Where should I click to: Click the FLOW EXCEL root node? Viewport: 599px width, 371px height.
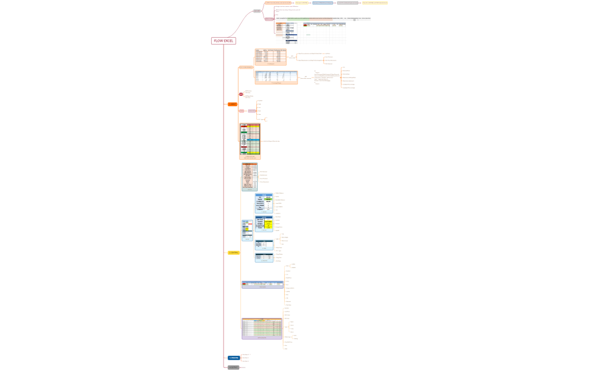coord(223,41)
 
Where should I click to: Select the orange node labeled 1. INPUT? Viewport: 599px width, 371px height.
coord(232,104)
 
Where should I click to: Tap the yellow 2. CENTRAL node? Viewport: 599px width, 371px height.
coord(233,252)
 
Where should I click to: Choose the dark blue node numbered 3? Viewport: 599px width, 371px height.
coord(234,358)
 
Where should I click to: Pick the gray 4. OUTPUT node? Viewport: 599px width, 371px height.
coord(233,368)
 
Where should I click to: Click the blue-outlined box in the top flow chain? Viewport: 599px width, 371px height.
coord(322,3)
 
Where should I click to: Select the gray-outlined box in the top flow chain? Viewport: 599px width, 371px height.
coord(347,3)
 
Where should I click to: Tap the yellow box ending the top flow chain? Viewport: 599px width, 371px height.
coord(375,3)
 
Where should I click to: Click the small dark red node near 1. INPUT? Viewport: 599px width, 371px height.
coord(241,94)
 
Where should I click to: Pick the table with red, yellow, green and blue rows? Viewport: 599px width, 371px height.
coord(250,140)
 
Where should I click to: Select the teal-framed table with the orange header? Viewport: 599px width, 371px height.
coord(249,176)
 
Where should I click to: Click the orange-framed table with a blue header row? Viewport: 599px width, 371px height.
coord(276,77)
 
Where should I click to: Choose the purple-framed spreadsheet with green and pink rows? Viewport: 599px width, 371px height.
coord(262,328)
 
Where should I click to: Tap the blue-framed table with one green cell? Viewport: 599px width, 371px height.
coord(264,203)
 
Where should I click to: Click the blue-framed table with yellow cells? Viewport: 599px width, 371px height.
coord(264,224)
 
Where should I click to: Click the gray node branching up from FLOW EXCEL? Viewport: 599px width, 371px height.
coord(257,11)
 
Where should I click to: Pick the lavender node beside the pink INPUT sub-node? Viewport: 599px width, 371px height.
coord(252,111)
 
